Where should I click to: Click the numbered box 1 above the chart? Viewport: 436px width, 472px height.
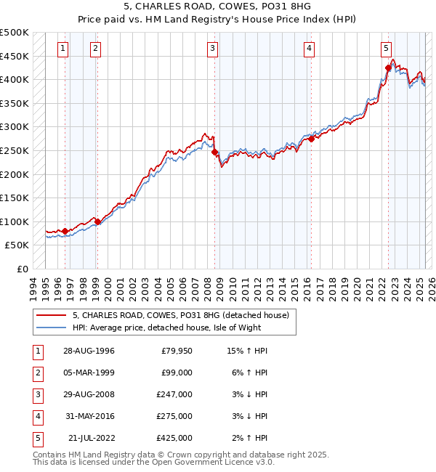pos(63,49)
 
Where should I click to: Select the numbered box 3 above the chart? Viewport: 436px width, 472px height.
pos(212,49)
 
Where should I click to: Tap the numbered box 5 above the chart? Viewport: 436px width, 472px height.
pos(385,49)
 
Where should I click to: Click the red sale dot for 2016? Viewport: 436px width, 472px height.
pos(311,139)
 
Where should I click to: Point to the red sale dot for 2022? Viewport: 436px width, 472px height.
pos(388,68)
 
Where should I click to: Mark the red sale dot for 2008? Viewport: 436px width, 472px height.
pos(215,152)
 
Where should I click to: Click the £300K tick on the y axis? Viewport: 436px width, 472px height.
pos(15,126)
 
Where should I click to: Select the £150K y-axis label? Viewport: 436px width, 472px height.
pos(15,198)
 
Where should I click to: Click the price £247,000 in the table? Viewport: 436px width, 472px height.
pos(174,394)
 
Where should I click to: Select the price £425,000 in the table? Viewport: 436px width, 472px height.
pos(174,438)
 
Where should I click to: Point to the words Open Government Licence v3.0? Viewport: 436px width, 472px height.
pos(222,462)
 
